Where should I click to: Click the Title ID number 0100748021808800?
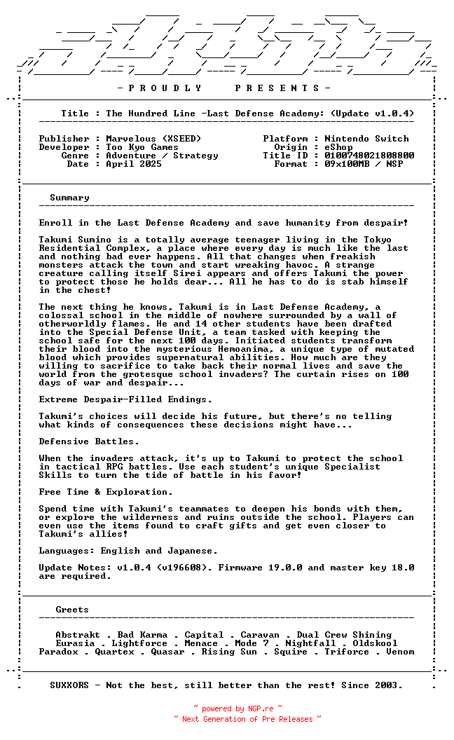pos(369,156)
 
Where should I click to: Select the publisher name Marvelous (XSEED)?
pos(153,139)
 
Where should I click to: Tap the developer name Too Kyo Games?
pos(142,147)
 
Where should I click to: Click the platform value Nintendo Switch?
pos(366,139)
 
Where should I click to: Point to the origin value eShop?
pos(338,147)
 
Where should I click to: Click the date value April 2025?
pos(134,164)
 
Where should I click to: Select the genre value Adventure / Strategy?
pos(162,156)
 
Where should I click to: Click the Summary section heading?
pos(69,198)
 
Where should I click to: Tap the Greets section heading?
pos(72,610)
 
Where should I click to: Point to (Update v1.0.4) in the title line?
pos(372,114)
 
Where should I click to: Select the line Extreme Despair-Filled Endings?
pos(125,399)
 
